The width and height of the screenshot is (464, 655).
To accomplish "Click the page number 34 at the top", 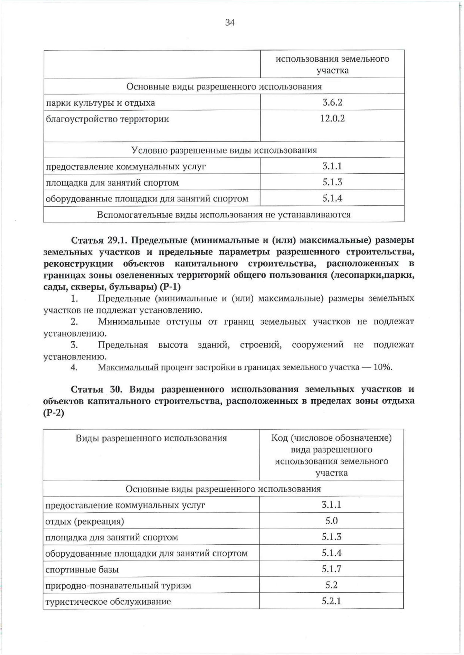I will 230,23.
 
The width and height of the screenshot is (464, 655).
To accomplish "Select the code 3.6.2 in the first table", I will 332,103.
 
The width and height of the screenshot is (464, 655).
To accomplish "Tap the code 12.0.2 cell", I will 332,119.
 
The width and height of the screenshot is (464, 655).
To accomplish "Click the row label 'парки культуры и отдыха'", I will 100,103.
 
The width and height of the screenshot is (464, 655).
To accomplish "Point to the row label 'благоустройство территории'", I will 107,119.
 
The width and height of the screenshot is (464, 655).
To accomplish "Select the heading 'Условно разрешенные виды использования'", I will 224,150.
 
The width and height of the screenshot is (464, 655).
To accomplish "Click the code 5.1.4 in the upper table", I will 332,198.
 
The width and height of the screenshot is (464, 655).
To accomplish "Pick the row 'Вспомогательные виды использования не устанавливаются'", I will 224,215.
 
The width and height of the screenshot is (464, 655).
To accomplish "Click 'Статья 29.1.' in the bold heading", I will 99,240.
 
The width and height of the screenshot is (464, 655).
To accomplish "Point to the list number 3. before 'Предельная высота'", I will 74,345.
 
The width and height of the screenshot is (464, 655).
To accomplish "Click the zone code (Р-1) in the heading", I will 170,287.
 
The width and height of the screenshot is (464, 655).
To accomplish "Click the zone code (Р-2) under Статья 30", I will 54,413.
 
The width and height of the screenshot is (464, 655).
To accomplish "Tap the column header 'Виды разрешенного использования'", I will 151,438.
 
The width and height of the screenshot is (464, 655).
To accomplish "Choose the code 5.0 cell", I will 331,521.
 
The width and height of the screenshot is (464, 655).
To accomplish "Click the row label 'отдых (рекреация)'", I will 85,522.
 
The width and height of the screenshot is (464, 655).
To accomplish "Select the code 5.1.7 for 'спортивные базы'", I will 331,569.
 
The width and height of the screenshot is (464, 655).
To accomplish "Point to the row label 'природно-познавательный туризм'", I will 118,586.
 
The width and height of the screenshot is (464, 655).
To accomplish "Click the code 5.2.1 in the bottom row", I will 331,601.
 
